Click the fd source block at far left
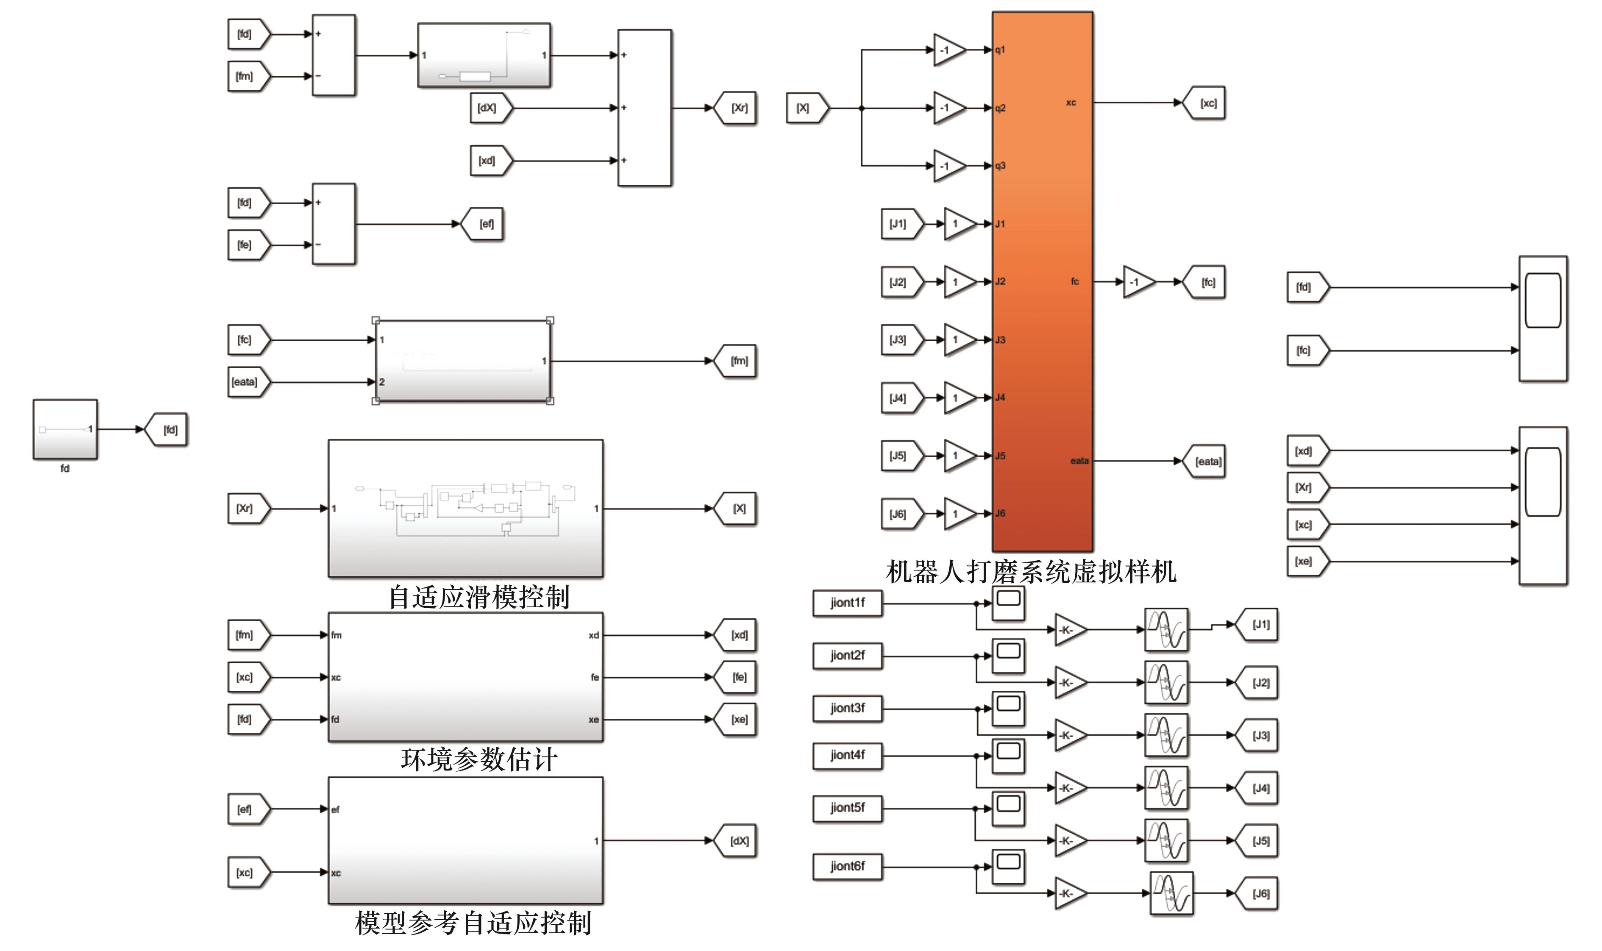pyautogui.click(x=65, y=429)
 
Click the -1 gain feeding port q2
pyautogui.click(x=948, y=108)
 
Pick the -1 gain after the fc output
pyautogui.click(x=1138, y=282)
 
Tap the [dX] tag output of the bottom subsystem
pyautogui.click(x=737, y=841)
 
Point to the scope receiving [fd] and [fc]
pyautogui.click(x=1542, y=319)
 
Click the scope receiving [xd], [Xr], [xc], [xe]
pyautogui.click(x=1542, y=506)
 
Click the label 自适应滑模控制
pyautogui.click(x=478, y=597)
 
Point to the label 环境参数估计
pyautogui.click(x=478, y=760)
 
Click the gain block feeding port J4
pyautogui.click(x=959, y=398)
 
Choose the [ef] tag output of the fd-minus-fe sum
pyautogui.click(x=484, y=224)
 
